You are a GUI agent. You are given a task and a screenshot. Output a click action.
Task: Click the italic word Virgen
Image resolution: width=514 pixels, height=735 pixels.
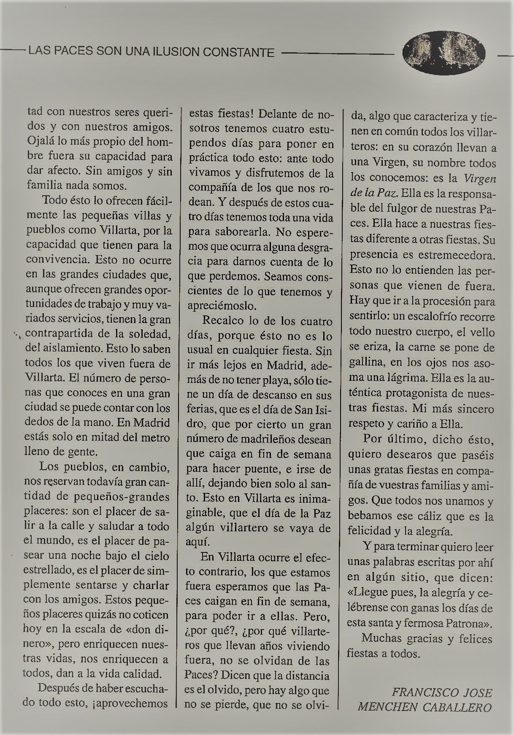[480, 178]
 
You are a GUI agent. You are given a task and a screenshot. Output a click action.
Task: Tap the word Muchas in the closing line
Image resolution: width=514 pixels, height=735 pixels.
[381, 639]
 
